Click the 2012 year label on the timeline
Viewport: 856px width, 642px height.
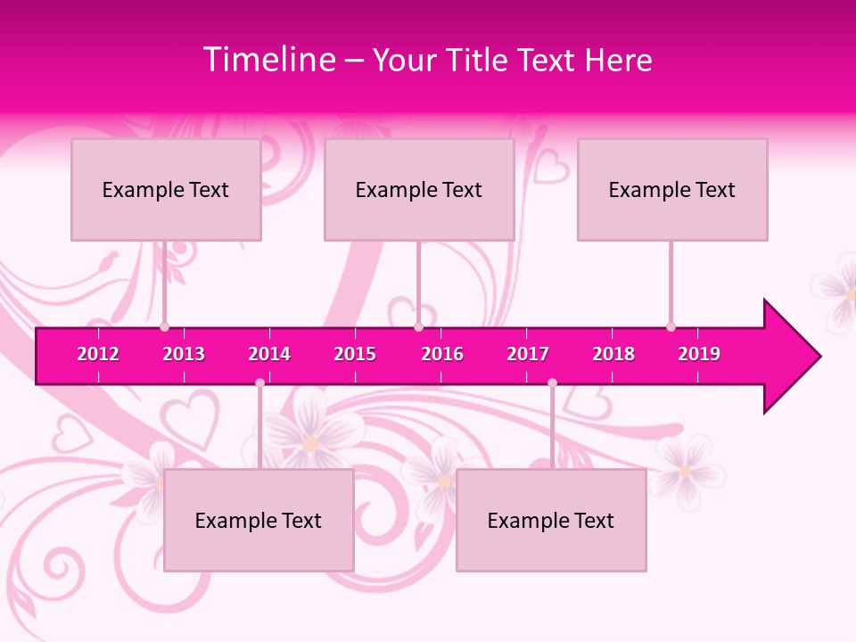click(x=98, y=354)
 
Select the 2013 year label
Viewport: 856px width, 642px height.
click(x=184, y=354)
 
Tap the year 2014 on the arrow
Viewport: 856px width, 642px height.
click(x=269, y=354)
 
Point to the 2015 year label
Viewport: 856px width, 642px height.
click(x=355, y=354)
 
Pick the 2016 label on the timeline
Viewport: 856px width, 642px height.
click(x=442, y=354)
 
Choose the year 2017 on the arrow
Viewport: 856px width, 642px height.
click(x=528, y=354)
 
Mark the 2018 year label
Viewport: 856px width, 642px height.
click(x=613, y=354)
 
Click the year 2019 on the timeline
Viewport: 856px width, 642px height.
click(x=699, y=354)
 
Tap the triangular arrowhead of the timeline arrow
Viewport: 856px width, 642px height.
click(x=790, y=357)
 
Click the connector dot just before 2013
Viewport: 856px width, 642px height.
click(x=164, y=327)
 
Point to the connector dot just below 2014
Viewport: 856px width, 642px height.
click(x=259, y=383)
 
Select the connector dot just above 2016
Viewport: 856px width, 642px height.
click(x=418, y=327)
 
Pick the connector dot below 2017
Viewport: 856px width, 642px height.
click(x=552, y=383)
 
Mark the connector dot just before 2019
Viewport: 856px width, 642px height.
click(x=671, y=327)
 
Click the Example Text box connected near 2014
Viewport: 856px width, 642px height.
click(x=259, y=520)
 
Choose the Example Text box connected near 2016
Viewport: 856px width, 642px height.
click(x=419, y=189)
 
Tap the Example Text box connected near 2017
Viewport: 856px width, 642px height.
click(x=551, y=520)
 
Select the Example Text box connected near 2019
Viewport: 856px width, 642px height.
click(x=672, y=189)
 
